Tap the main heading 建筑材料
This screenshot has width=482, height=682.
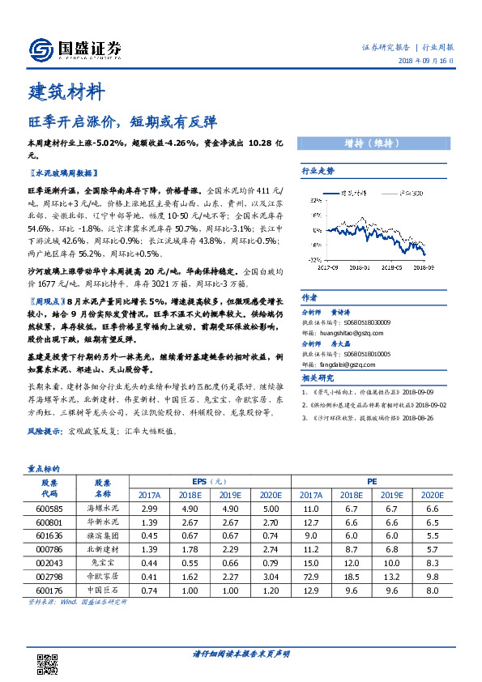pyautogui.click(x=66, y=92)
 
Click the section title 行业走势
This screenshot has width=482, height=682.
pyautogui.click(x=318, y=171)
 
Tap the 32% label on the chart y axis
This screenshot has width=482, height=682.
pyautogui.click(x=312, y=259)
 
